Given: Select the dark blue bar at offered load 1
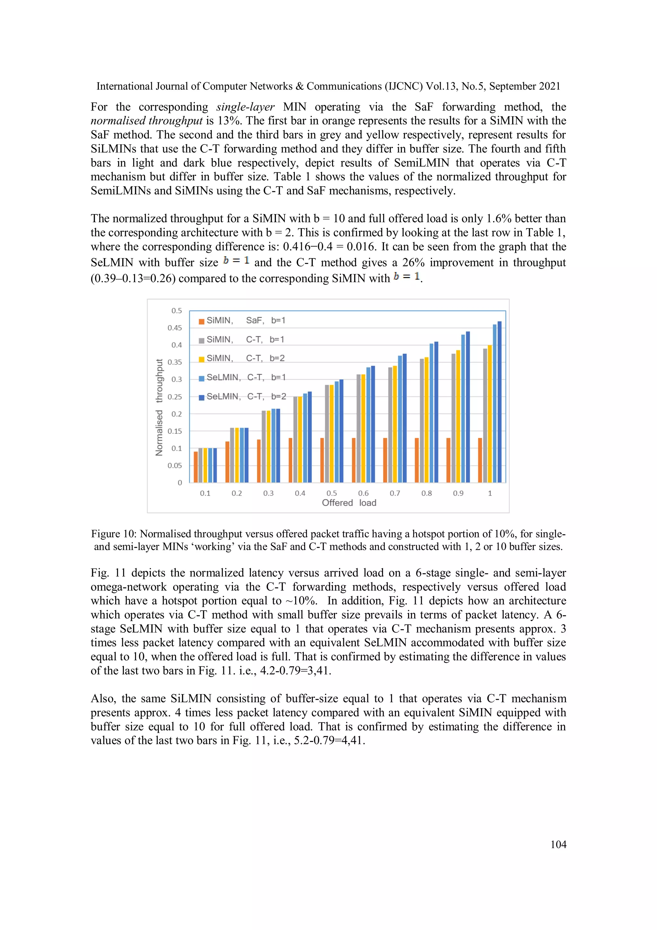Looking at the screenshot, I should click(x=499, y=402).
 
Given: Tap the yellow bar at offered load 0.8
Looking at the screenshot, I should click(x=426, y=420).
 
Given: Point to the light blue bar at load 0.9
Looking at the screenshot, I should click(x=463, y=408).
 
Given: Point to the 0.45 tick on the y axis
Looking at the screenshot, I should click(x=175, y=328).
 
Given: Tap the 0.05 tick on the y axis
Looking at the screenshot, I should click(x=175, y=465).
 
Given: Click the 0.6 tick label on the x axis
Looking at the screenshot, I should click(x=363, y=493).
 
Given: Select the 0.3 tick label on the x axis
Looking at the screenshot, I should click(x=269, y=493).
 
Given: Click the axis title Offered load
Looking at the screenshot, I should click(x=349, y=503).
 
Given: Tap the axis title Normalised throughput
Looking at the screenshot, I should click(x=159, y=407).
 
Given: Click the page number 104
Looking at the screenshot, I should click(x=558, y=844).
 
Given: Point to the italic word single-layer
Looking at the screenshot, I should click(x=245, y=107).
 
